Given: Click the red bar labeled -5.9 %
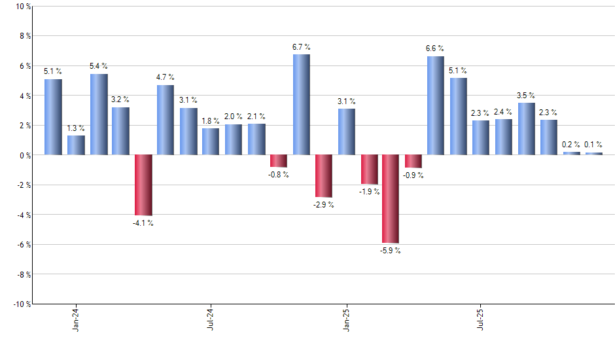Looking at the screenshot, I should point(391,199).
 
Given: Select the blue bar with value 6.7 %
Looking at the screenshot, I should point(301,105).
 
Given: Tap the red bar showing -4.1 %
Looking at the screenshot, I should point(143,185).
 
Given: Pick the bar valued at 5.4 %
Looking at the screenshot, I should point(99,115).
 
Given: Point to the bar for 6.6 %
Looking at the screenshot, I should point(436,105).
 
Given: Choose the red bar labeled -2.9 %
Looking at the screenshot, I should point(323,176).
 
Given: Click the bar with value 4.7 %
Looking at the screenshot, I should point(166,120).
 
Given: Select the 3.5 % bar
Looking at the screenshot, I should point(526,129).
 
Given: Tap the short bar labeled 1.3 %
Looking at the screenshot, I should point(76,145).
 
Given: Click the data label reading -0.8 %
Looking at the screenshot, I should point(278,175).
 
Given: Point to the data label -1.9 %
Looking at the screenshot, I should point(368,192).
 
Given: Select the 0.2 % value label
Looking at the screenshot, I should point(571,145).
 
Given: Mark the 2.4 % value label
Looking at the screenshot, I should point(504,112).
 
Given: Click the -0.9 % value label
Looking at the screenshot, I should point(413,175).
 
